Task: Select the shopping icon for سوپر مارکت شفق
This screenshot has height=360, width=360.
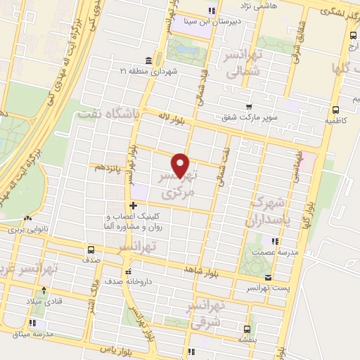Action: pos(248,107)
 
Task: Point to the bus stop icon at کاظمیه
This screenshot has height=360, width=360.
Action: pos(335,110)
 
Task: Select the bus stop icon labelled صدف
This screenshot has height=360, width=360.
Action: pos(91,250)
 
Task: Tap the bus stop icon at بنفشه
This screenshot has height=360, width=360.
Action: pos(247,329)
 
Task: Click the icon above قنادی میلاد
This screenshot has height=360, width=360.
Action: pos(45,290)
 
